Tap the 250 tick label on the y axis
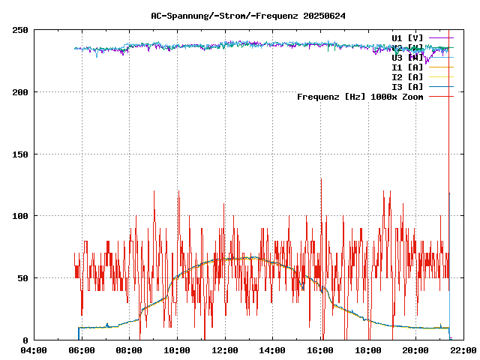[20, 30]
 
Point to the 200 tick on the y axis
[20, 92]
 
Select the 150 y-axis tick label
[20, 154]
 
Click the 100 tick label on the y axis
[20, 216]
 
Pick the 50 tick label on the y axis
[23, 278]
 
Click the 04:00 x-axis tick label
[34, 350]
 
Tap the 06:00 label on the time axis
[81, 350]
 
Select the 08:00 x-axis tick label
[129, 350]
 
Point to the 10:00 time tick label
[177, 350]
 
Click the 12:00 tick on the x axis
[225, 350]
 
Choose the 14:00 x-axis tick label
[272, 350]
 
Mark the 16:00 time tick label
[320, 350]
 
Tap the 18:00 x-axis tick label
[368, 350]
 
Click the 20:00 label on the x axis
[415, 350]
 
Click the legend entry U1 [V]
[407, 37]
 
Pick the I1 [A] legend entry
[407, 67]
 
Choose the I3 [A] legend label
[407, 87]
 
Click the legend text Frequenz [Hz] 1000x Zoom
[360, 97]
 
